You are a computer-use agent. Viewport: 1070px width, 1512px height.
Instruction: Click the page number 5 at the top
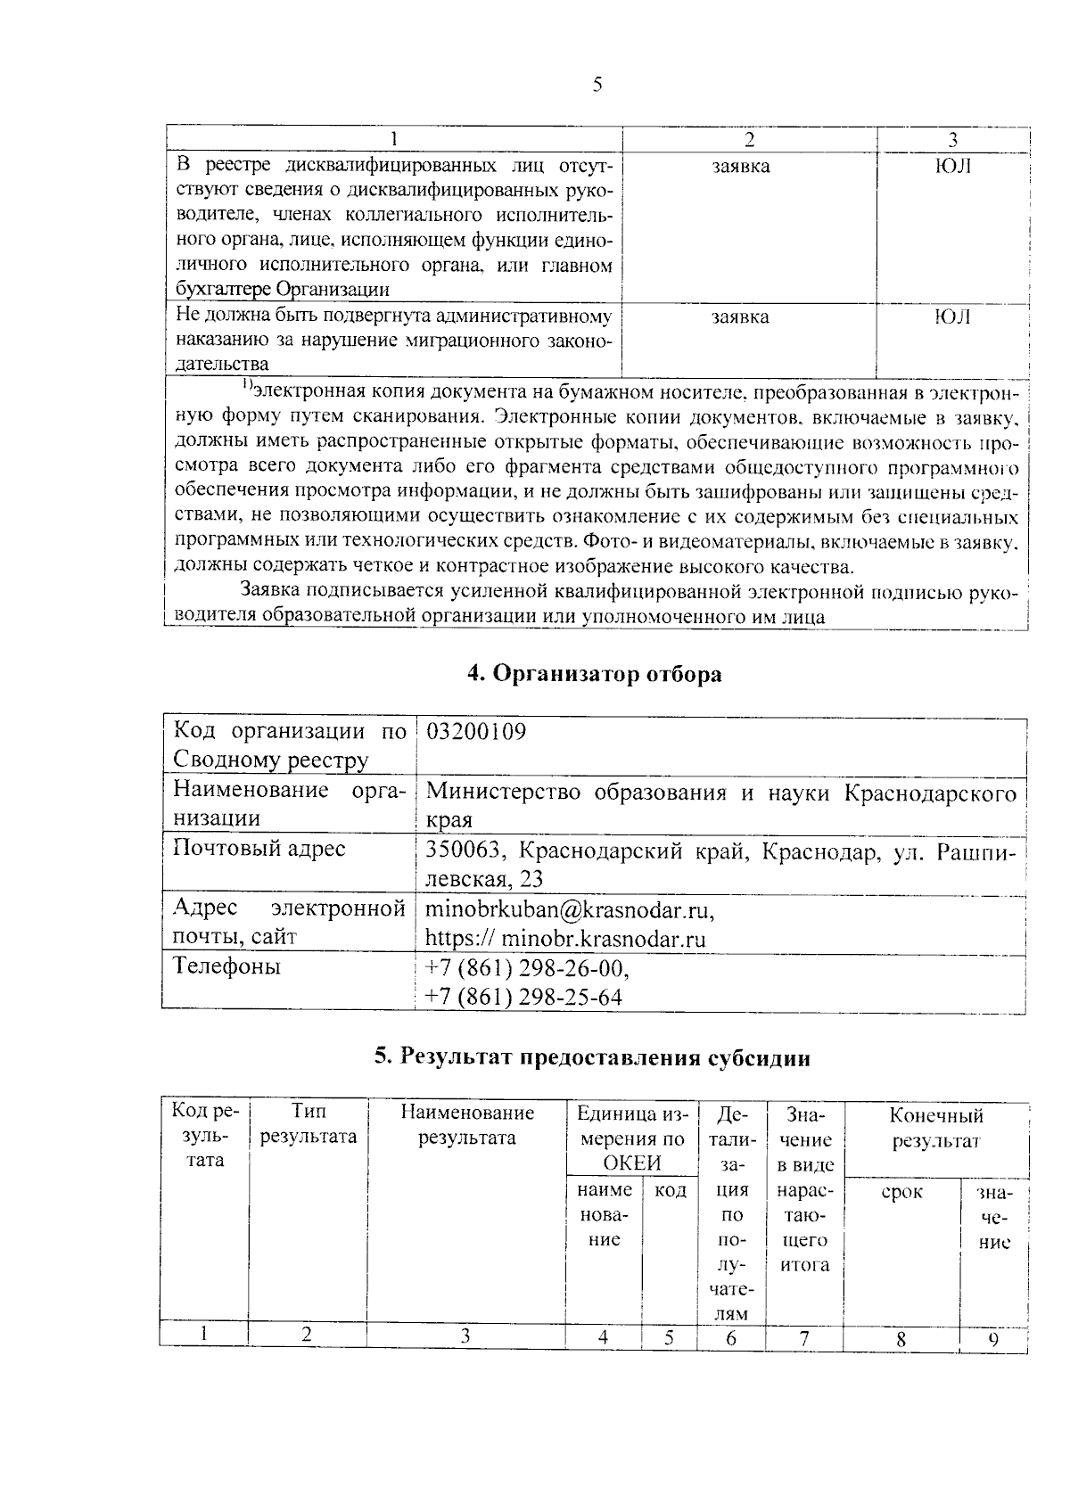coord(597,86)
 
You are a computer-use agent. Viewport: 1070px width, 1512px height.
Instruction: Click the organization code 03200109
coord(476,732)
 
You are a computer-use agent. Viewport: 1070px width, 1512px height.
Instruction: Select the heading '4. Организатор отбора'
coord(595,674)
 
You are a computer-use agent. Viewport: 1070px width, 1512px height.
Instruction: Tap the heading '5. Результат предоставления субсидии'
coord(593,1058)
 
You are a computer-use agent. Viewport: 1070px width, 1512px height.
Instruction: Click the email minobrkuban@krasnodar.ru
coord(570,909)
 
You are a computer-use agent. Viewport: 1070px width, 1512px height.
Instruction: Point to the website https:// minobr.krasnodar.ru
coord(565,939)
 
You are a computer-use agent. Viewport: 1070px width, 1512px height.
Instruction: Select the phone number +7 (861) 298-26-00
coord(527,968)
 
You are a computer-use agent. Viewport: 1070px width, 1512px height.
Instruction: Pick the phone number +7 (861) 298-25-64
coord(523,997)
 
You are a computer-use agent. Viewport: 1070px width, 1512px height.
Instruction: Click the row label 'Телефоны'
coord(226,966)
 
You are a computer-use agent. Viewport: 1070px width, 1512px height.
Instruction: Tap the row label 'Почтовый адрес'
coord(259,849)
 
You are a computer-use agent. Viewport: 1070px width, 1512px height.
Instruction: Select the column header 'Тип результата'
coord(308,1124)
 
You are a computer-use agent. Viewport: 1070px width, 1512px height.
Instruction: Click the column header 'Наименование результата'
coord(466,1124)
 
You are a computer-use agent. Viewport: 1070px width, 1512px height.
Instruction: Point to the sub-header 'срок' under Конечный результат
coord(901,1193)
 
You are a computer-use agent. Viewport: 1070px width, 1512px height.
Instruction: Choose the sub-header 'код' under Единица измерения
coord(670,1191)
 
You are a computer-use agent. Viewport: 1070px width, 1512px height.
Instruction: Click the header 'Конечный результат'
coord(935,1128)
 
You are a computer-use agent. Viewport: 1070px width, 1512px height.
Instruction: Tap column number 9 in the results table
coord(992,1339)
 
